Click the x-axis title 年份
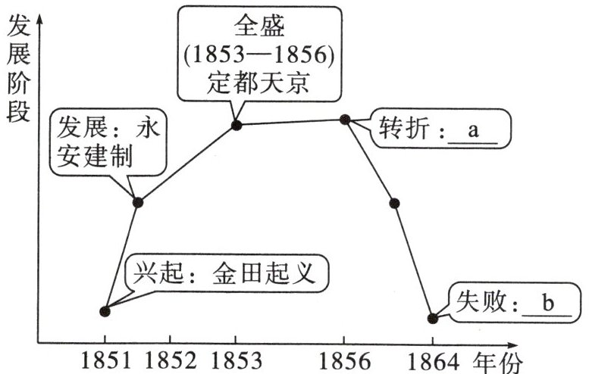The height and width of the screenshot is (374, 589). [x=499, y=362]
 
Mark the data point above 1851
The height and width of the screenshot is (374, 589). [x=105, y=310]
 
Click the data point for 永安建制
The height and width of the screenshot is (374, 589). [x=138, y=201]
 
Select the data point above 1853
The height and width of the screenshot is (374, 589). [x=236, y=124]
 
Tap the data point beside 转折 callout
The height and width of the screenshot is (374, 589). [x=345, y=119]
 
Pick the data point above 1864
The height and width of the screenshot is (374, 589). [x=433, y=318]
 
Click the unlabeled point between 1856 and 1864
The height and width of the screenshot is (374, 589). [x=394, y=203]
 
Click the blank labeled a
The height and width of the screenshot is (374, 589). [x=474, y=130]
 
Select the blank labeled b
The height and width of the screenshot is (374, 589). [x=547, y=304]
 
